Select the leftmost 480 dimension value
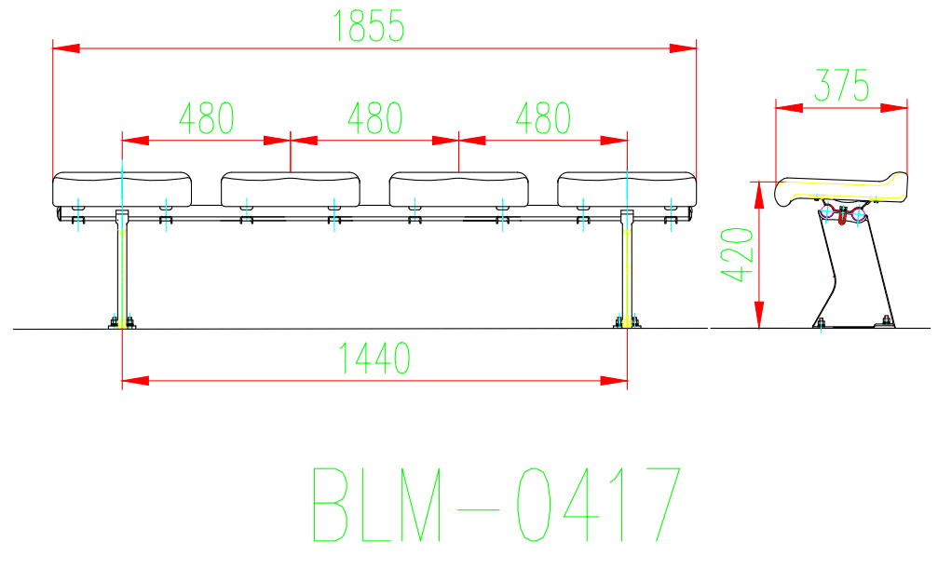pos(207,118)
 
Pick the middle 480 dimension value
pos(374,118)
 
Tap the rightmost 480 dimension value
pos(543,118)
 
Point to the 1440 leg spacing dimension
pos(374,358)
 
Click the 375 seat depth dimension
pos(841,86)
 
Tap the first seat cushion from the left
pos(122,189)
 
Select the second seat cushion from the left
pos(291,189)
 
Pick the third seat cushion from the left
pos(459,189)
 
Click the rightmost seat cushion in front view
pos(627,189)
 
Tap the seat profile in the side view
pos(838,189)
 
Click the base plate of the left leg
pos(122,324)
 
